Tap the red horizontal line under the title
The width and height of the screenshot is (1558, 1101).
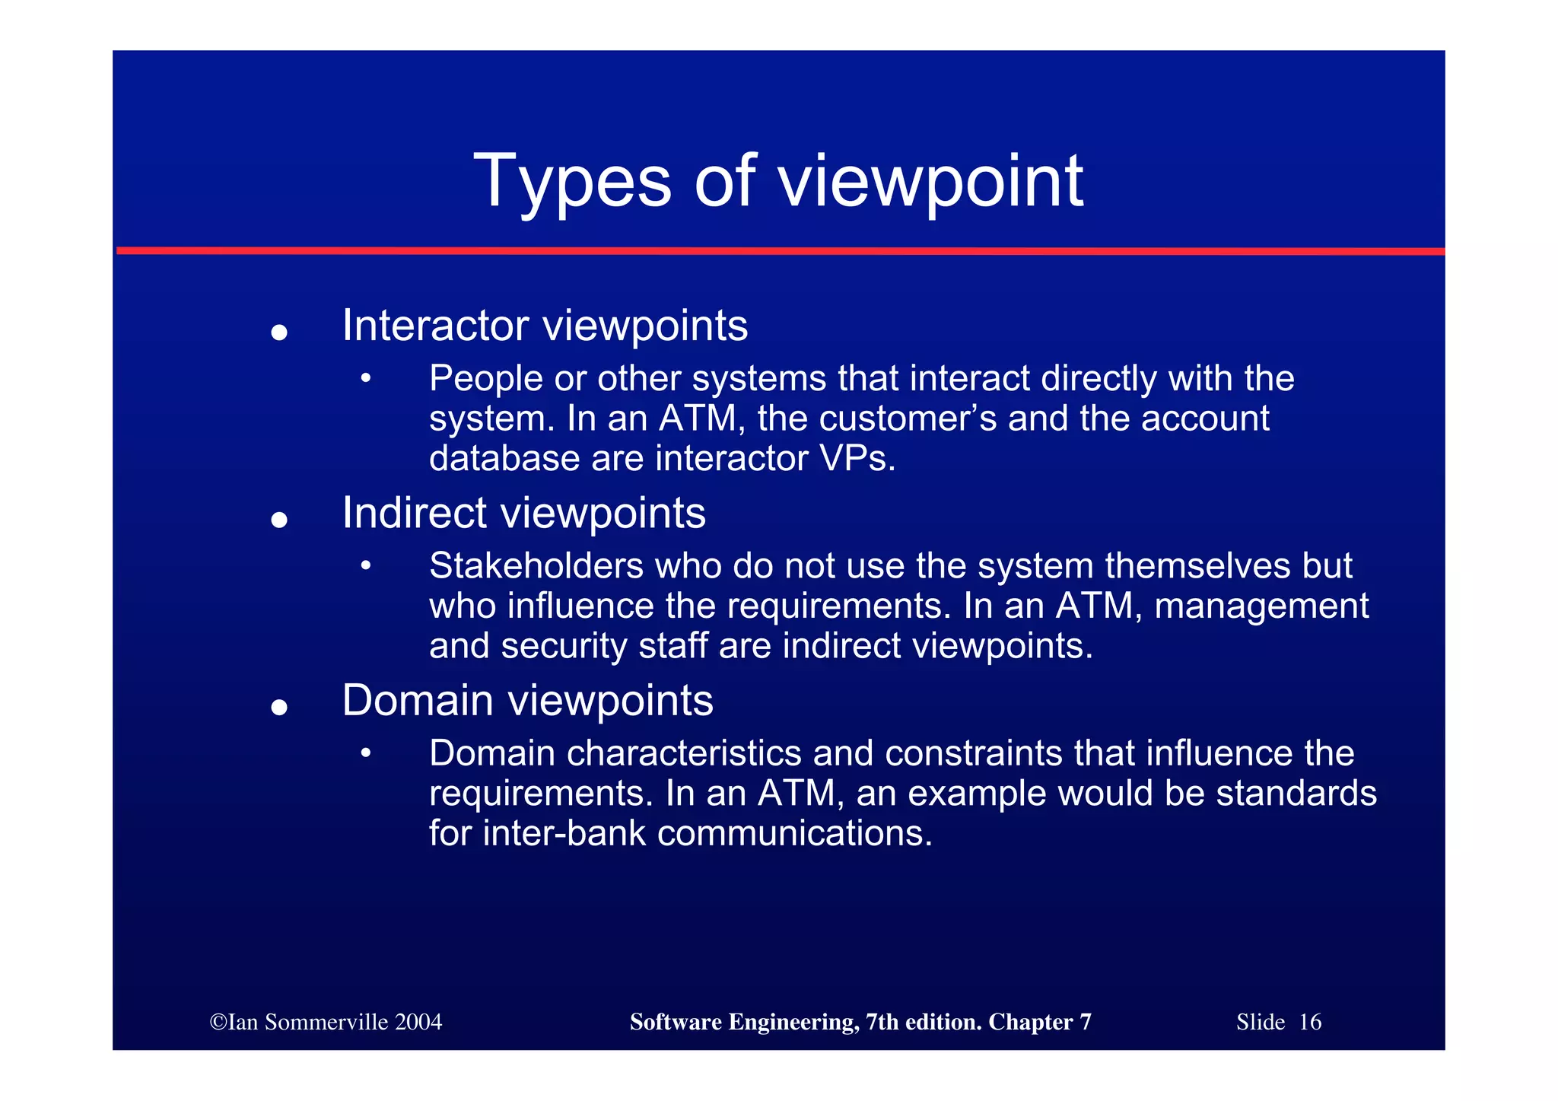click(x=781, y=250)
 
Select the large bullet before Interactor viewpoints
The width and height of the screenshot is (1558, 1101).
click(x=279, y=333)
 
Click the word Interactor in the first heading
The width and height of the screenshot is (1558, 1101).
click(x=435, y=326)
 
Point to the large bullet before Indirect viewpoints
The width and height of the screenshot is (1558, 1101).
click(x=279, y=520)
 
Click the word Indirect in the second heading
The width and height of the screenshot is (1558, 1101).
click(x=414, y=513)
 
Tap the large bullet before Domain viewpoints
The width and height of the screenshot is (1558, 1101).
click(x=279, y=707)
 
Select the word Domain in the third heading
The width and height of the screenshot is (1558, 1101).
click(x=417, y=700)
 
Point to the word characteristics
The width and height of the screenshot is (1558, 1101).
click(x=684, y=753)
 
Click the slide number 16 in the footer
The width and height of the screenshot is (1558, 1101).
click(x=1310, y=1022)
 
